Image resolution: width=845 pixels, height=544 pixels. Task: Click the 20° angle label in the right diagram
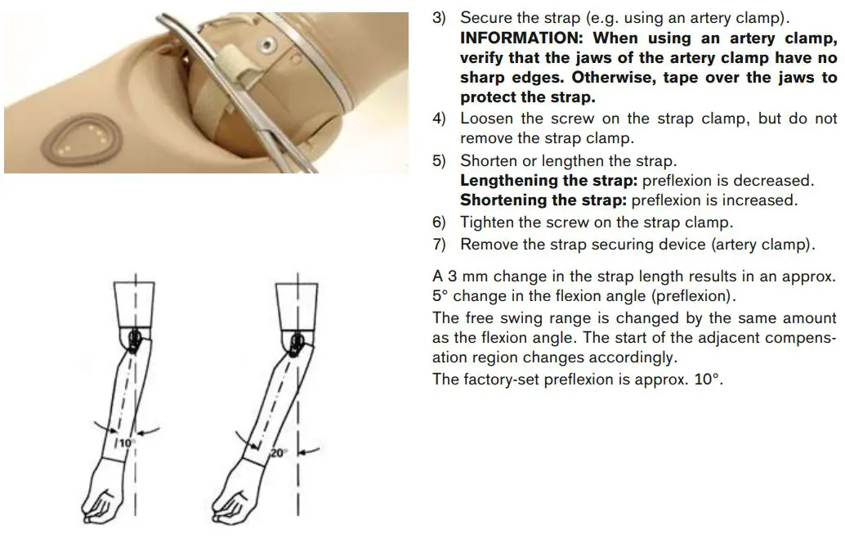pyautogui.click(x=279, y=451)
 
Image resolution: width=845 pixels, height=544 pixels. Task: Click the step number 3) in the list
pyautogui.click(x=440, y=17)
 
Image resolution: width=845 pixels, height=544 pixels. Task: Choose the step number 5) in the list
pyautogui.click(x=440, y=161)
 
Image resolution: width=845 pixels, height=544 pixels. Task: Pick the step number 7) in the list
pyautogui.click(x=440, y=245)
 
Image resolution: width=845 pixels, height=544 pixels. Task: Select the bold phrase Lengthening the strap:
pyautogui.click(x=549, y=181)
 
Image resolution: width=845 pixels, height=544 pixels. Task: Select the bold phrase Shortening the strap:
pyautogui.click(x=544, y=200)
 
